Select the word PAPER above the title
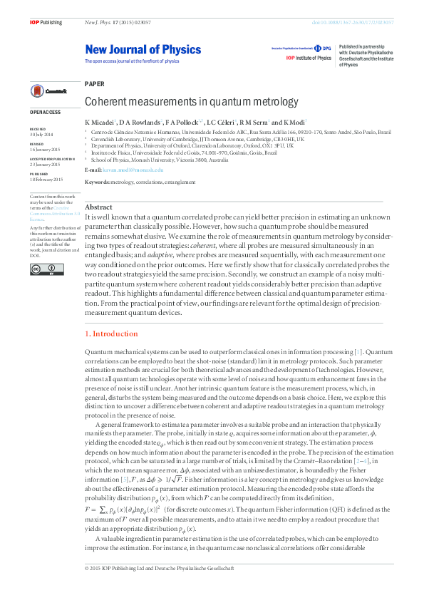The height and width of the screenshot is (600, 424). (94, 84)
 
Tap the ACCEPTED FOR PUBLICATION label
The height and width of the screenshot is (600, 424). (52, 159)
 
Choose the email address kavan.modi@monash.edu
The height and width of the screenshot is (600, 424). (134, 170)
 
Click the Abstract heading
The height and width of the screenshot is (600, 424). (99, 207)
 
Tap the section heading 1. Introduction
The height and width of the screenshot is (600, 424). (111, 333)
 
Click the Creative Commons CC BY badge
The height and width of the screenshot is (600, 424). (41, 269)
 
